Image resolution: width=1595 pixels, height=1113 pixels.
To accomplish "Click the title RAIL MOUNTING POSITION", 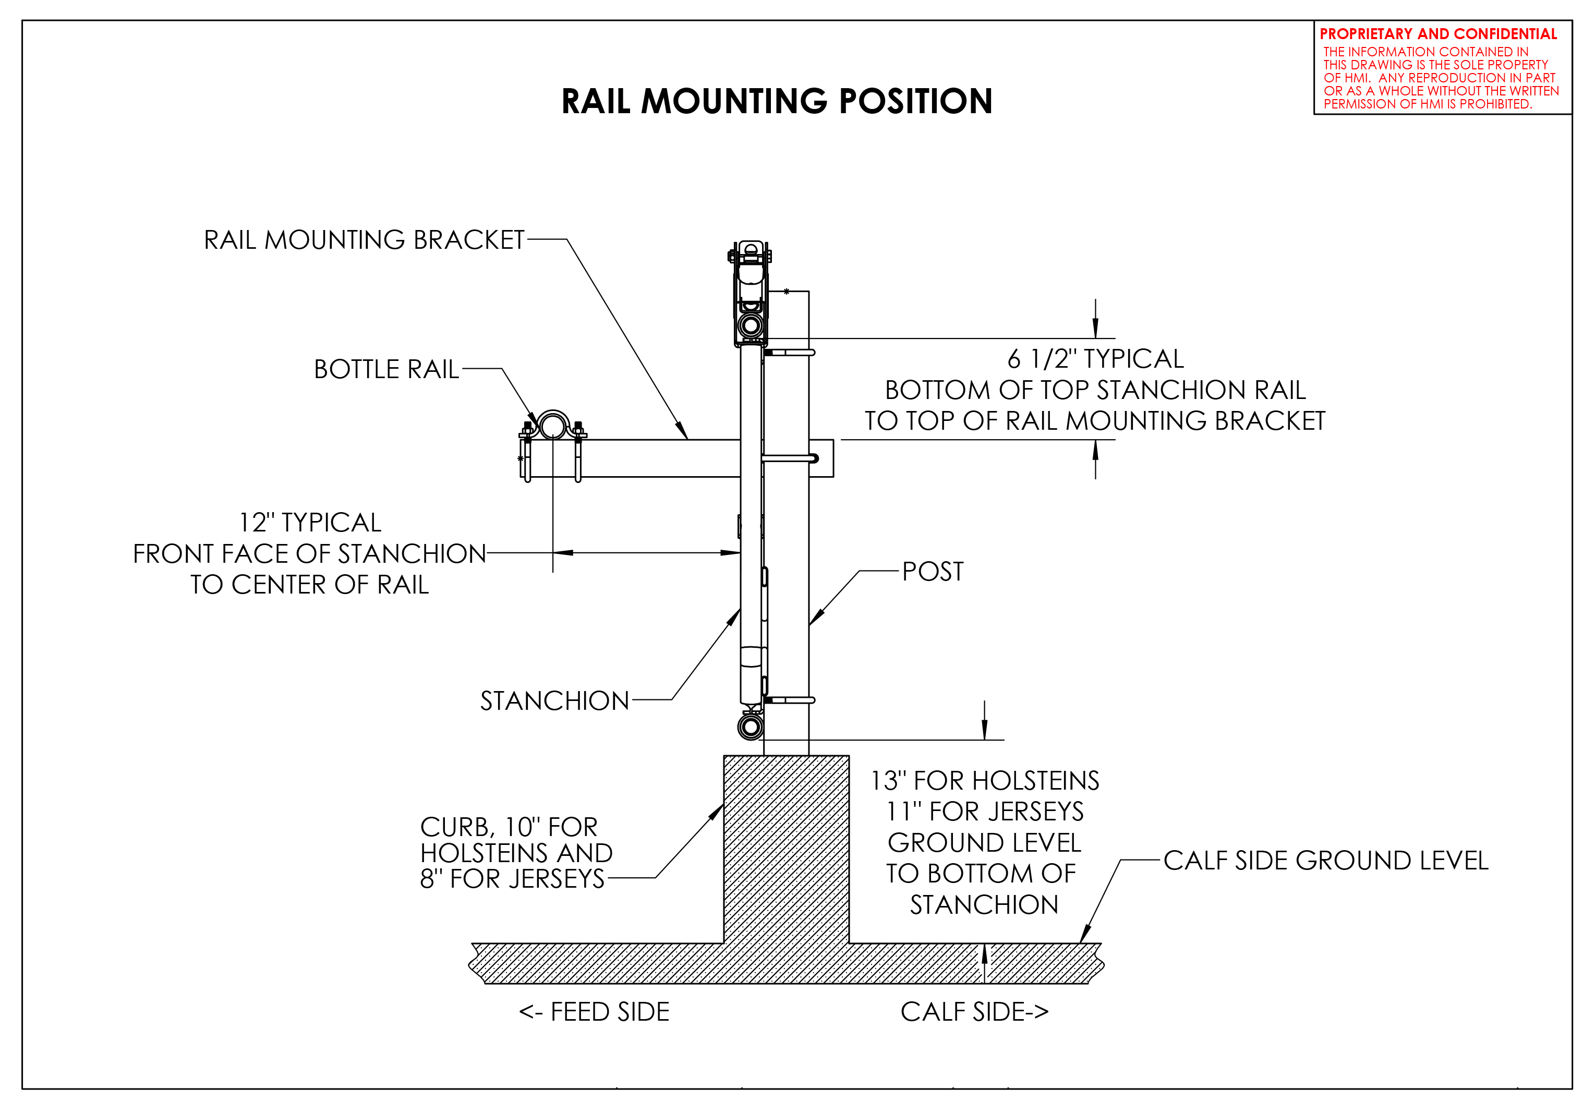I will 776,101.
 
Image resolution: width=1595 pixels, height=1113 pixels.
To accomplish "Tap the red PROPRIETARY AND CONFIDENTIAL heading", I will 1438,34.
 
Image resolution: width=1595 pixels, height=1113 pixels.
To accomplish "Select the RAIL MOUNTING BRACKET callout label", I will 364,240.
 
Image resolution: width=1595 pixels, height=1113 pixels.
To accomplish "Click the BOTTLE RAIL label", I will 386,369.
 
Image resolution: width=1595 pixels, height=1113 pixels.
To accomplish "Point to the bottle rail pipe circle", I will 552,425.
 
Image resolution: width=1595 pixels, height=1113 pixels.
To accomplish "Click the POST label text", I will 932,572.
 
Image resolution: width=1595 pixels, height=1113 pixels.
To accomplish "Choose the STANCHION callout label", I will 554,701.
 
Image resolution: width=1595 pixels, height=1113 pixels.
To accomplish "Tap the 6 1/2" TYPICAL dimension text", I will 1095,359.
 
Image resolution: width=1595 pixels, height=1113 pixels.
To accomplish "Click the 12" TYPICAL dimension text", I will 310,523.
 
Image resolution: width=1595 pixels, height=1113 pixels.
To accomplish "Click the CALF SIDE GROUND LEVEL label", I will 1325,861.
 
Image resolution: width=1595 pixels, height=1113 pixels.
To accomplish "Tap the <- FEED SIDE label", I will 594,1012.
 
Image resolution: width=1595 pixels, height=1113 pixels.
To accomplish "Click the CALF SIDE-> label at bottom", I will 974,1012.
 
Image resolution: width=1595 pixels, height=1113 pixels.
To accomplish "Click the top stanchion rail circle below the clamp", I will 750,325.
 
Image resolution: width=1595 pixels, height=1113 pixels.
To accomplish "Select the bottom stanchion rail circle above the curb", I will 750,728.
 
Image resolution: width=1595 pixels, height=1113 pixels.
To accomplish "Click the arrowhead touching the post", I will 816,618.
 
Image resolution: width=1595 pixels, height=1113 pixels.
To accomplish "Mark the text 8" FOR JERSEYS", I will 512,879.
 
